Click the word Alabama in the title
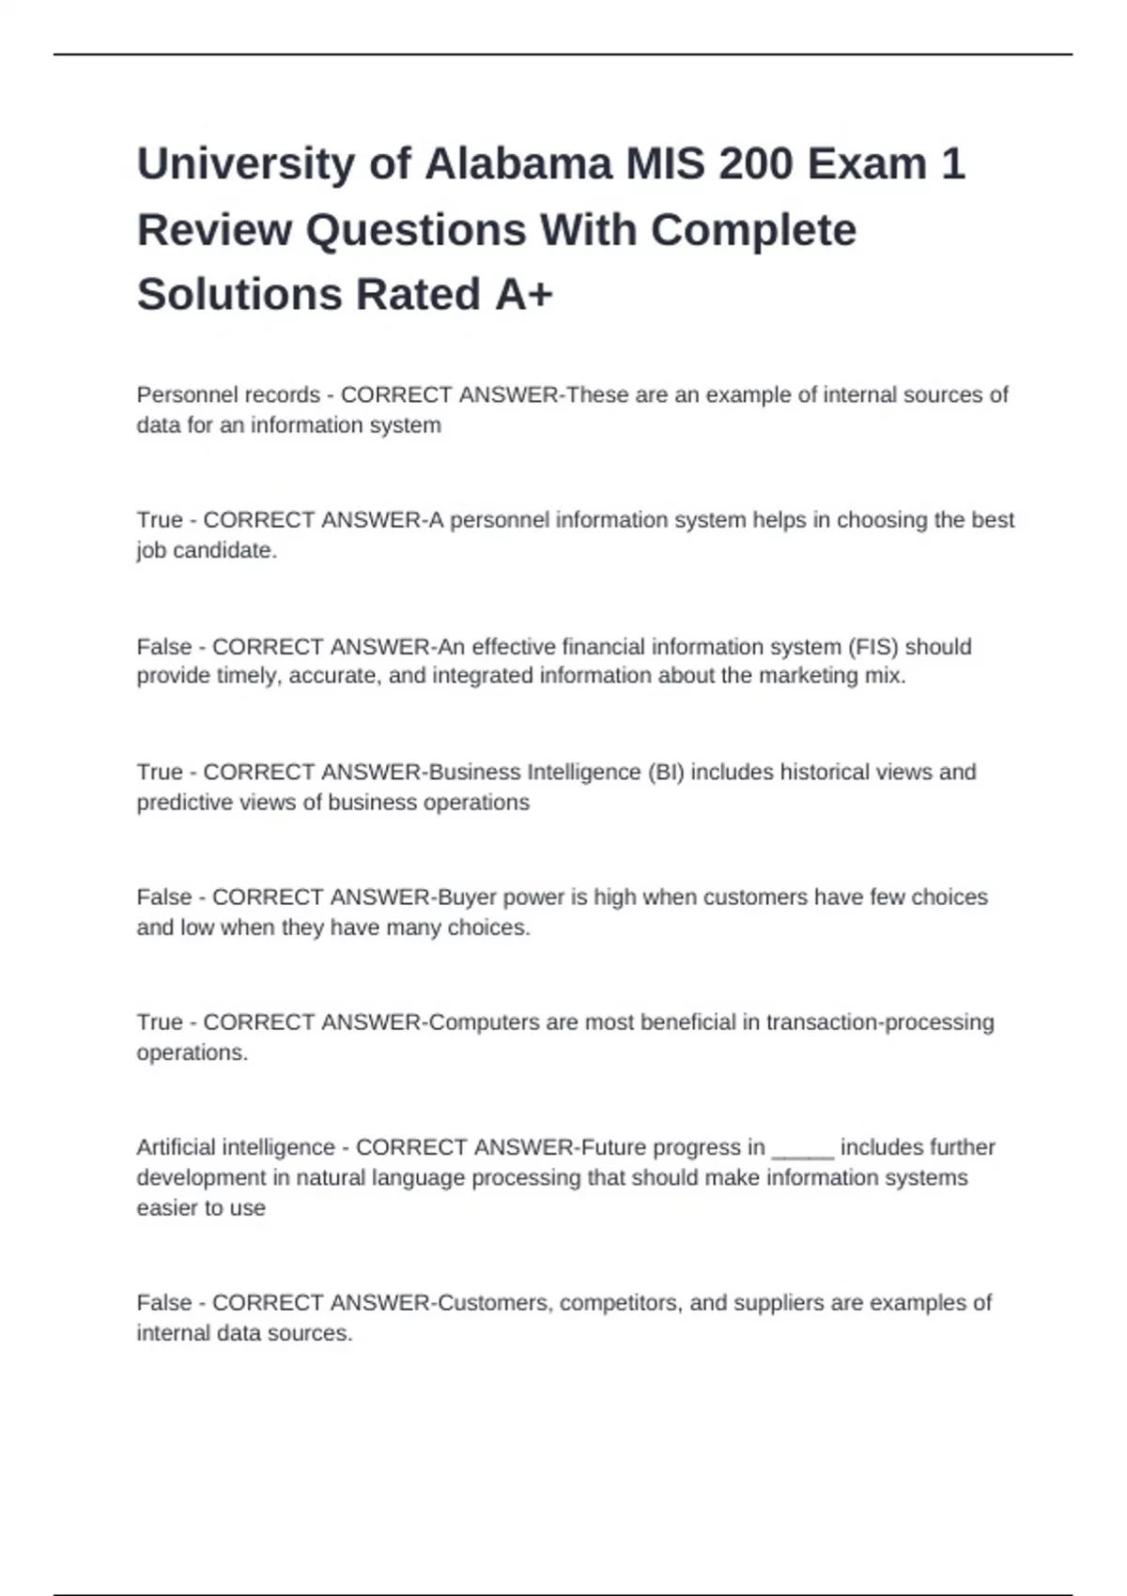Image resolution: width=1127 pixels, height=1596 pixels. point(518,164)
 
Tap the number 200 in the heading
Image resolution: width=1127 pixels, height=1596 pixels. point(756,164)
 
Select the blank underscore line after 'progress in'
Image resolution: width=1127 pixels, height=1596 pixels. point(802,1149)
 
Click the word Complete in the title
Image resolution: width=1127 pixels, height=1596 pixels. point(753,230)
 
